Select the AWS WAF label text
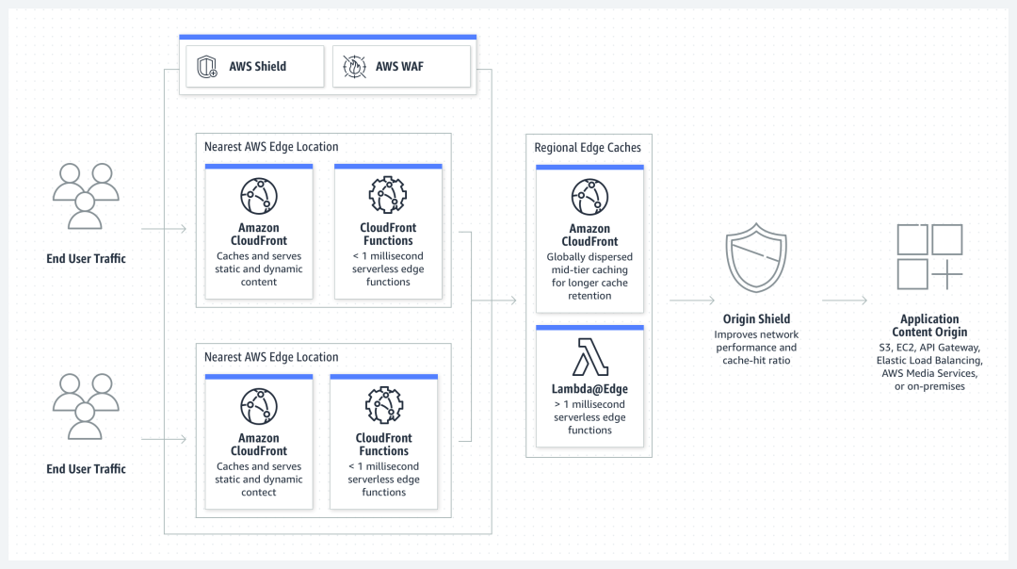tap(400, 67)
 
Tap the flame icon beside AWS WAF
tap(354, 67)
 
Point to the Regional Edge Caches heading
tap(587, 148)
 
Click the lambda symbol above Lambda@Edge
tap(589, 359)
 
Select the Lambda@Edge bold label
tap(589, 389)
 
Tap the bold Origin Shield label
tap(756, 319)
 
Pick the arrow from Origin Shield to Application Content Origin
tap(845, 301)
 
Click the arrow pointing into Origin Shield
tap(692, 301)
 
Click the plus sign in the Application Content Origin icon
tap(947, 274)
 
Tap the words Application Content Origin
tap(929, 326)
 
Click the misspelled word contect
tap(259, 493)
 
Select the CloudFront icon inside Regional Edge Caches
tap(589, 196)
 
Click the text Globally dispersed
tap(589, 256)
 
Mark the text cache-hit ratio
tap(756, 360)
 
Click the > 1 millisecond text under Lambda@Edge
tap(589, 403)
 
